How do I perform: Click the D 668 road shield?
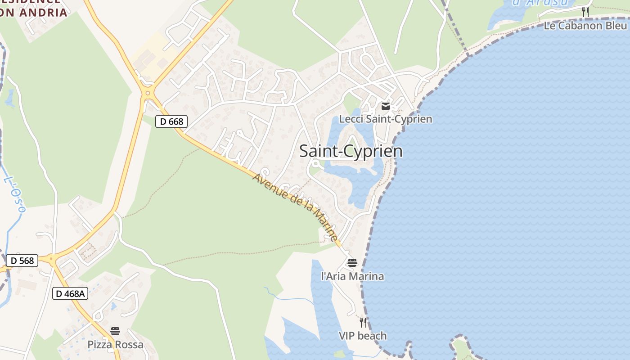tap(171, 121)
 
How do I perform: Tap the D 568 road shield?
tap(22, 261)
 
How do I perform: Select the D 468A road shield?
tap(70, 294)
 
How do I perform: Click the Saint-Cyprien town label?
tap(351, 151)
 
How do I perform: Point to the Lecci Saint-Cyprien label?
tap(385, 119)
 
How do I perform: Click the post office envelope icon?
tap(386, 106)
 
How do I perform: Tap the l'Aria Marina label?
tap(352, 276)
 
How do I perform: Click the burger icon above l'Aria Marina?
tap(352, 263)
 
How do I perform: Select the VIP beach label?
tap(363, 336)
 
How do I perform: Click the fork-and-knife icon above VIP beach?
tap(363, 322)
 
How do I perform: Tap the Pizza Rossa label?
tap(115, 345)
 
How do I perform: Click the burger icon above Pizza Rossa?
tap(115, 332)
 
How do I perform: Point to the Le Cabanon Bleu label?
tap(585, 26)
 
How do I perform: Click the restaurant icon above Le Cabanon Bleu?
tap(585, 12)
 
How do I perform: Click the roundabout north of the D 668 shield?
tap(147, 94)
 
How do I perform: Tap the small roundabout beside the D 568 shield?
tap(51, 258)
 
